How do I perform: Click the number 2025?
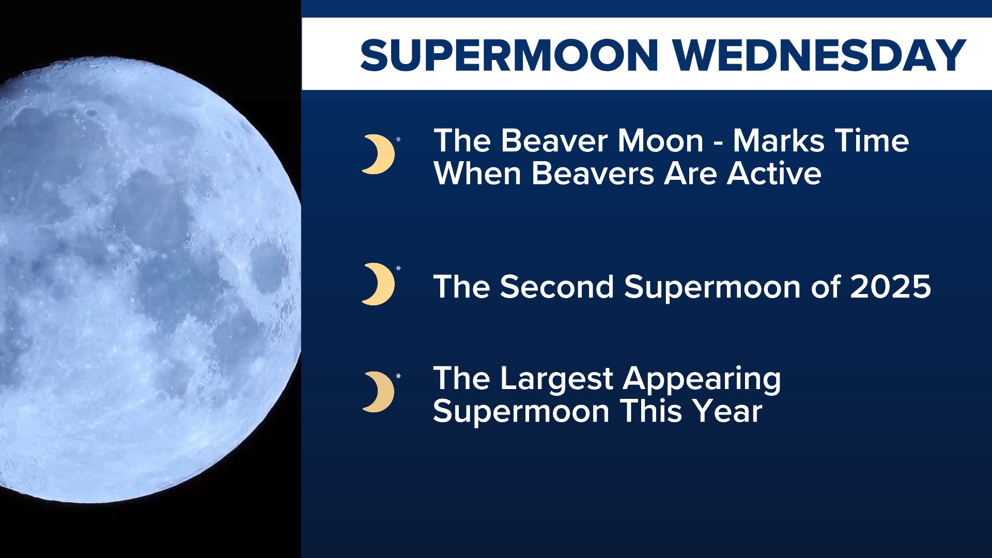click(x=890, y=287)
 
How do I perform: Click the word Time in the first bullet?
click(x=872, y=141)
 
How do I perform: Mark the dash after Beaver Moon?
click(x=718, y=144)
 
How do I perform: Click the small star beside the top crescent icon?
click(x=398, y=139)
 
